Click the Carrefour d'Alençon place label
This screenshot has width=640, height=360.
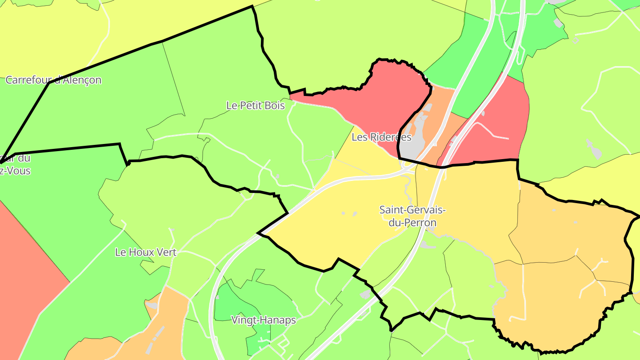pyautogui.click(x=53, y=80)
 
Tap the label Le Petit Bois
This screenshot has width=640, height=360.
pyautogui.click(x=256, y=106)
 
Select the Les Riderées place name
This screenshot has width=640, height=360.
pyautogui.click(x=381, y=137)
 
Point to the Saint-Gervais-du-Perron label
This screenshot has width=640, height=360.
pyautogui.click(x=412, y=216)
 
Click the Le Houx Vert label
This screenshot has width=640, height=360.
pyautogui.click(x=146, y=252)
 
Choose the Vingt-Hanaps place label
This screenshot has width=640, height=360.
pyautogui.click(x=264, y=320)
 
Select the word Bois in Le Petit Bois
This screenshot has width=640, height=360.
pyautogui.click(x=274, y=106)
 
